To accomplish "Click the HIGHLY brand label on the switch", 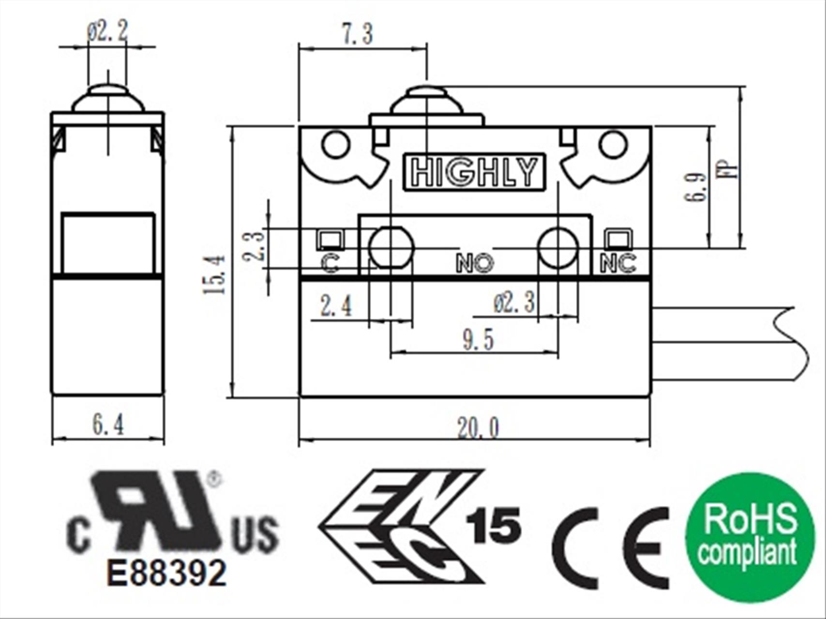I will tap(474, 172).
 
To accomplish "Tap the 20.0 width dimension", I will tap(478, 428).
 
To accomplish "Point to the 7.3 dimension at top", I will tap(358, 34).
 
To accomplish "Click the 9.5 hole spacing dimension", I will tap(478, 339).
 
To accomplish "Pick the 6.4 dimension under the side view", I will tap(108, 425).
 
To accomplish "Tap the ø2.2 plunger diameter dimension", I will tap(107, 32).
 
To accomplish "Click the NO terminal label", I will tap(475, 264).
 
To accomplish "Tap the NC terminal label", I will tap(618, 264).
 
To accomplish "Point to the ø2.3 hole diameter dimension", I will tap(514, 303).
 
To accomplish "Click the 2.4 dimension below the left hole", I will tap(336, 306).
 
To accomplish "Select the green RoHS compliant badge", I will tap(750, 537).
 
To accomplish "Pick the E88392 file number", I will tap(166, 573).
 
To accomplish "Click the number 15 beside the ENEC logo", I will tap(494, 525).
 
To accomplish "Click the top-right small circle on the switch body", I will tap(613, 145).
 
